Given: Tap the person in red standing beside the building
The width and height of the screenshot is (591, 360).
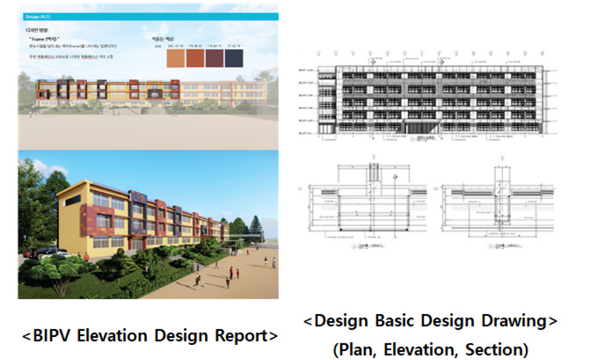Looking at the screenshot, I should pos(231,272).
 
